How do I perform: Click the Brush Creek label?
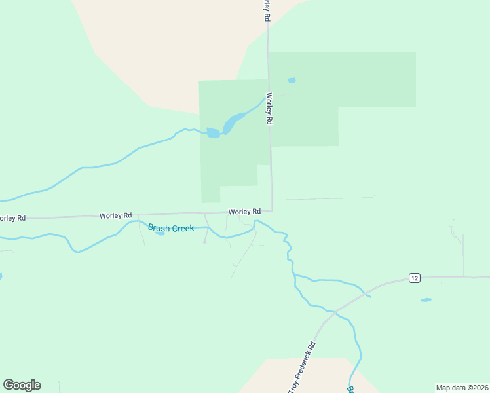click(x=171, y=228)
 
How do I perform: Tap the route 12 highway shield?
click(x=414, y=278)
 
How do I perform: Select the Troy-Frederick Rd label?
click(x=302, y=367)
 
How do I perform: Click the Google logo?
click(x=22, y=385)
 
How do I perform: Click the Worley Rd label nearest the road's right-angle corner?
click(x=244, y=212)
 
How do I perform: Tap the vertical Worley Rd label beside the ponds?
click(x=268, y=108)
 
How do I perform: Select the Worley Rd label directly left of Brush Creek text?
click(x=116, y=215)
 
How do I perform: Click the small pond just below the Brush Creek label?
click(x=160, y=233)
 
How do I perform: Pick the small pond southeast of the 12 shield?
click(x=426, y=300)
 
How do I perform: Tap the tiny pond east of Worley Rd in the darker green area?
click(x=292, y=81)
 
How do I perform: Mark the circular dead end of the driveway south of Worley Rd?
click(x=204, y=242)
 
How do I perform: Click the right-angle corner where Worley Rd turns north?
click(x=271, y=210)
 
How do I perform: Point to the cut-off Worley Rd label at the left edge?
click(x=12, y=218)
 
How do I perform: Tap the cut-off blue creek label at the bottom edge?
click(x=350, y=389)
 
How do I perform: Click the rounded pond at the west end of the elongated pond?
click(x=214, y=133)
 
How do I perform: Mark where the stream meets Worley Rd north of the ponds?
click(x=268, y=96)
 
